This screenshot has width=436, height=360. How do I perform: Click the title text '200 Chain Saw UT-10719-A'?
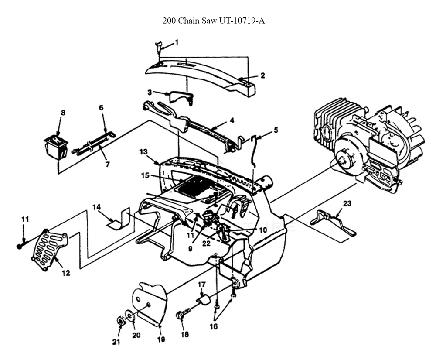[214, 21]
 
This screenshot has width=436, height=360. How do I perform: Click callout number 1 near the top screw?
[176, 43]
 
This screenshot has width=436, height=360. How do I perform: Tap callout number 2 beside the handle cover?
[262, 75]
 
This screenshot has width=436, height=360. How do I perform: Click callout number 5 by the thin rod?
[275, 130]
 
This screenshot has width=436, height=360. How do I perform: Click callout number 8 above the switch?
[63, 113]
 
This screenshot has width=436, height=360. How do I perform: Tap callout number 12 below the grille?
[66, 273]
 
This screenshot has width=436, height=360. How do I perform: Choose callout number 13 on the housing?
[144, 152]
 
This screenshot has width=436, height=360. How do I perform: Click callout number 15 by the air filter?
[145, 176]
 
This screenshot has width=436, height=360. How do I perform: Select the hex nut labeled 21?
[120, 321]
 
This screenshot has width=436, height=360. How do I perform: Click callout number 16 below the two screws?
[214, 326]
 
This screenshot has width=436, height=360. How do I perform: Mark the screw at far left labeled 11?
[21, 246]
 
